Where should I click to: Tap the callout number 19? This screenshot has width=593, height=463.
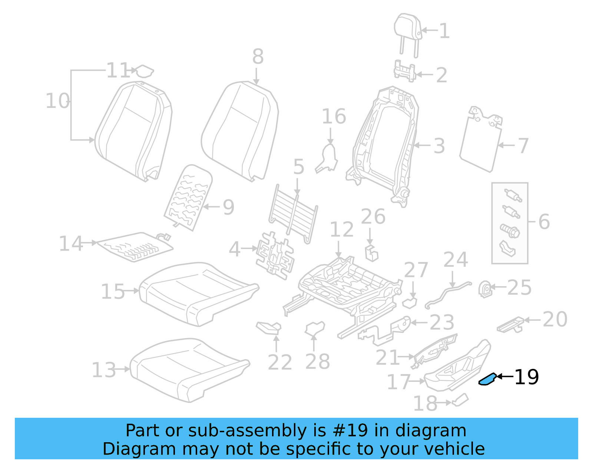click(527, 377)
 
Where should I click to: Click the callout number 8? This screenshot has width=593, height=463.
click(258, 57)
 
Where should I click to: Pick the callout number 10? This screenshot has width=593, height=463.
click(57, 101)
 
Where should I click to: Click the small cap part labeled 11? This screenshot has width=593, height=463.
click(144, 71)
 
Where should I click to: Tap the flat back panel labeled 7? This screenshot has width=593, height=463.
click(480, 143)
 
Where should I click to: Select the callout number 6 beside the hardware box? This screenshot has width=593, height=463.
click(544, 222)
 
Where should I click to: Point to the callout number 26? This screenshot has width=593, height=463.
click(373, 216)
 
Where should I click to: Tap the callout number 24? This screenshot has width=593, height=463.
click(455, 259)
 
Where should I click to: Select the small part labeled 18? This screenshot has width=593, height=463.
click(460, 400)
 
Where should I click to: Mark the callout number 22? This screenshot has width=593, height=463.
click(280, 362)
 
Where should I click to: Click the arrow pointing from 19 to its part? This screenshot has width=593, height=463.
click(505, 377)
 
